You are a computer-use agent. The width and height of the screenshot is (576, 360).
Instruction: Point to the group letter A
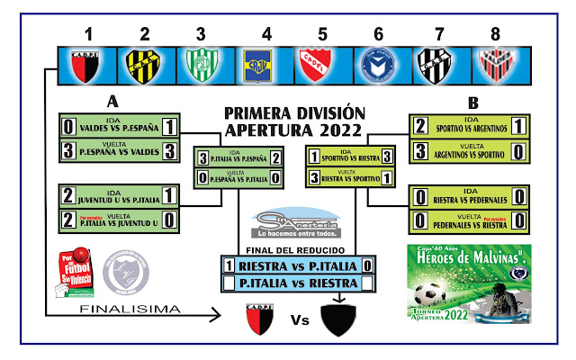112,101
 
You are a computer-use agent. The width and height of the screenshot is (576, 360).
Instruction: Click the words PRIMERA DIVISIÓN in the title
294,113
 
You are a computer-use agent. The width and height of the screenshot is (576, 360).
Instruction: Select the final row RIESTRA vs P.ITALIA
298,265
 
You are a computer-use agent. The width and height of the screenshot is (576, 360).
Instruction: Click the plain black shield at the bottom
337,318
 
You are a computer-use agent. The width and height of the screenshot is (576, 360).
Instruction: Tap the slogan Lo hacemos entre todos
297,231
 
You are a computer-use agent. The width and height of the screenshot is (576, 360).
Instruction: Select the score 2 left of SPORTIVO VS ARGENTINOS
420,126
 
